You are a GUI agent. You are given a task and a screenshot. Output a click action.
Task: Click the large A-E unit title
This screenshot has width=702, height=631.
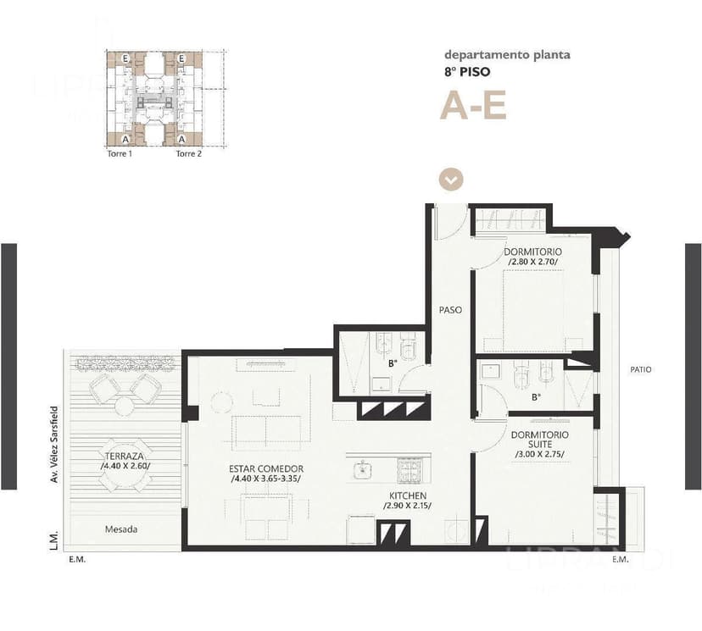[x=472, y=106]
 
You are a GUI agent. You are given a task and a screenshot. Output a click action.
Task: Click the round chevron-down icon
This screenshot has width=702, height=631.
[x=452, y=180]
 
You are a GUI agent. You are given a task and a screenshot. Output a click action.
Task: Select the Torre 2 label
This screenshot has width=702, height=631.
[x=188, y=154]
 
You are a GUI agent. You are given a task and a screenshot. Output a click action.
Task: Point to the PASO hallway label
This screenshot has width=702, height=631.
[x=450, y=310]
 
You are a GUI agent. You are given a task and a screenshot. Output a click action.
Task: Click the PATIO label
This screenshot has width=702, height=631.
[x=641, y=369]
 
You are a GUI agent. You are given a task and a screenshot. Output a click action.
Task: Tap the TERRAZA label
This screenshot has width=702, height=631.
[x=124, y=455]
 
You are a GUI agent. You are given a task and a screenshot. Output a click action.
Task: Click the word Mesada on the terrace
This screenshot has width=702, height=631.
[x=121, y=529]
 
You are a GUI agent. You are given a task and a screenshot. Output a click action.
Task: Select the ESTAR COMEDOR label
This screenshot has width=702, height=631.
[x=266, y=468]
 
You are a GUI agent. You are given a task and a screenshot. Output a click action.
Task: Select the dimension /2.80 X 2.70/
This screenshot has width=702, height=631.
[x=535, y=263]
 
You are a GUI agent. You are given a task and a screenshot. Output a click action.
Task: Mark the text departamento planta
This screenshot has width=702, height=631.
[x=507, y=55]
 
